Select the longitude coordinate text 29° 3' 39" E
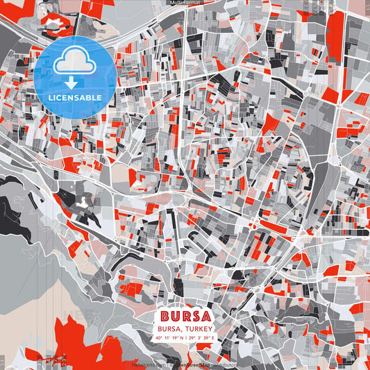click(202, 338)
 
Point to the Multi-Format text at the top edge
click(185, 3)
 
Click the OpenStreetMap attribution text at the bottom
click(191, 363)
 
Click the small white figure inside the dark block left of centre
click(82, 203)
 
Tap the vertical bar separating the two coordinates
click(185, 338)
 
